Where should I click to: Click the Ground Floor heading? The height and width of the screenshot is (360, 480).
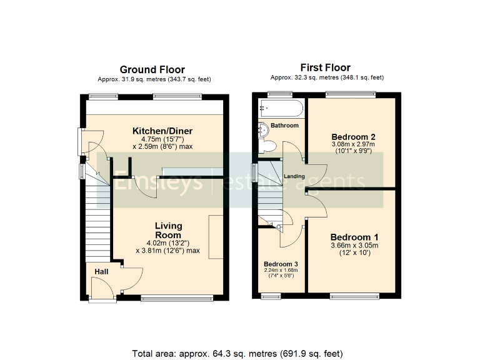tap(152, 69)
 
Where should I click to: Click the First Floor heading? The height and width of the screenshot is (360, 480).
tap(326, 67)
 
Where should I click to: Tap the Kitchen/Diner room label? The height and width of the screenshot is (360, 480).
tap(162, 131)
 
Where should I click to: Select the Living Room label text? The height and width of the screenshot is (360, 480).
tap(168, 230)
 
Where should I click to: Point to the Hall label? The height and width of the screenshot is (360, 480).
tap(101, 272)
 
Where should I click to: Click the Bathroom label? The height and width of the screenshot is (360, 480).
tap(284, 126)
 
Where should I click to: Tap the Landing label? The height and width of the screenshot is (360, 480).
tap(294, 176)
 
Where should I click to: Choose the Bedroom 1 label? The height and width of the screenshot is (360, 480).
tap(354, 237)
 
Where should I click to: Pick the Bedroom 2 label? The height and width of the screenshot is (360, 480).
tap(354, 137)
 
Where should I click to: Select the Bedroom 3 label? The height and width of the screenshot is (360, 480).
tap(281, 264)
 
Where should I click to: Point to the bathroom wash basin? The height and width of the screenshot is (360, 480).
tap(263, 129)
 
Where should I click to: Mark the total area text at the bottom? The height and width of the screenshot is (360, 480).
tap(238, 353)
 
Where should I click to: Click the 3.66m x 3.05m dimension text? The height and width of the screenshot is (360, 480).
tap(354, 246)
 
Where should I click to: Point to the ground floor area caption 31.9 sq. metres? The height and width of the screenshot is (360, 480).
tap(152, 79)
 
